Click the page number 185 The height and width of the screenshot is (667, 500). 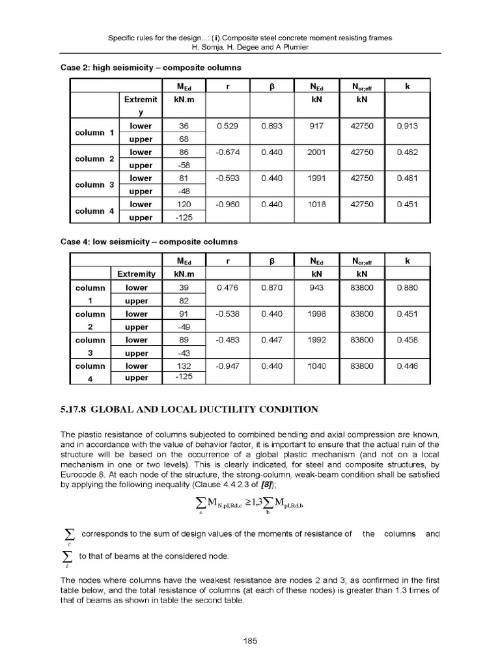point(250,641)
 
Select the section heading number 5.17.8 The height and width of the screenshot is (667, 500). point(73,410)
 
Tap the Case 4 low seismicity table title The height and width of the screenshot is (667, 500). point(149,242)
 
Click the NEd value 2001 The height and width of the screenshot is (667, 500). point(320,152)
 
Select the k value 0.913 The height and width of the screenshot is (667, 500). point(407,126)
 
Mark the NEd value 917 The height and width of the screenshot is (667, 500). point(320,126)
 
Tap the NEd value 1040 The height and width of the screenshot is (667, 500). point(320,366)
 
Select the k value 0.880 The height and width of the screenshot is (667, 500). point(407,287)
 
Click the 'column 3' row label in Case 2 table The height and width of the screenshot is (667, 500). point(93,184)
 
